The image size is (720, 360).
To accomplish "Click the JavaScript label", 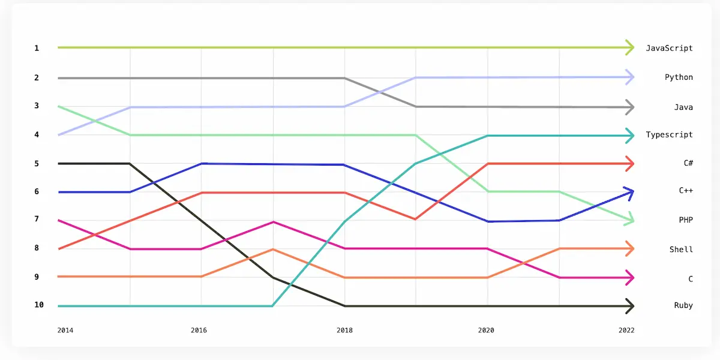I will click(x=669, y=48).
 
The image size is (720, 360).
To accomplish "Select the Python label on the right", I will click(x=679, y=77).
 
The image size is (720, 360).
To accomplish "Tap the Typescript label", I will click(x=669, y=134).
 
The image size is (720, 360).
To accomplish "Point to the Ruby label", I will click(x=683, y=305).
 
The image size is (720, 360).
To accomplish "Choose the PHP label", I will click(x=686, y=220).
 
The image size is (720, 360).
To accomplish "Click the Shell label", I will click(x=681, y=249).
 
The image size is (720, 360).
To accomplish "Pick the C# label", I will click(x=688, y=163).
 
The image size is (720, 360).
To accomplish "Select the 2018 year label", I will click(x=344, y=330).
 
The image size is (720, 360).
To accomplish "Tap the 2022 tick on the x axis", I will click(x=625, y=330).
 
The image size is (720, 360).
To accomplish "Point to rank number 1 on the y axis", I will click(x=37, y=47).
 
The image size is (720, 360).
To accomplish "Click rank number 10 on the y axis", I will click(x=39, y=305).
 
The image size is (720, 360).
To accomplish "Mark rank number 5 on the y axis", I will click(x=37, y=163).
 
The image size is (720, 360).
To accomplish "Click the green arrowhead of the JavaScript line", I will click(x=630, y=47).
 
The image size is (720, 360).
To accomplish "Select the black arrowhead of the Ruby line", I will click(x=630, y=306).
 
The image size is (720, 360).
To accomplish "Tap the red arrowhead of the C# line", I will click(x=630, y=163).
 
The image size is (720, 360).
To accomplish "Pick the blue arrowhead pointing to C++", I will click(x=629, y=191).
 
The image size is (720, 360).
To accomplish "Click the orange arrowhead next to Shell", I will click(x=630, y=248).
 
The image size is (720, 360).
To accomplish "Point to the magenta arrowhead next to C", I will click(x=630, y=277).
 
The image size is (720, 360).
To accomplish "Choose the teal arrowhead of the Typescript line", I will click(x=630, y=136).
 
